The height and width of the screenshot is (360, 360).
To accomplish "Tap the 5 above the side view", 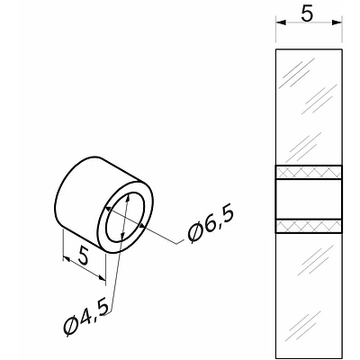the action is (307, 14).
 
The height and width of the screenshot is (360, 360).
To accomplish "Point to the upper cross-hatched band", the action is (309, 173).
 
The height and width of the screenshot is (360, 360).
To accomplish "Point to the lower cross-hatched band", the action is (309, 226).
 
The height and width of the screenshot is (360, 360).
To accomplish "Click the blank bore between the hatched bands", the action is (309, 199).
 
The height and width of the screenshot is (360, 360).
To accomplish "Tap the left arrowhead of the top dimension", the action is (281, 22).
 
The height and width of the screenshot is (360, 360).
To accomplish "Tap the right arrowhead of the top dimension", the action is (337, 22).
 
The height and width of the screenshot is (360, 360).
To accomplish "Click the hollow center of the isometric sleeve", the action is (126, 218).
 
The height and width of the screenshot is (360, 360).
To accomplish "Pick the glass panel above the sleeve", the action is (309, 107).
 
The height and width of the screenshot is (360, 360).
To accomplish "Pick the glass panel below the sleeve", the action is (309, 294).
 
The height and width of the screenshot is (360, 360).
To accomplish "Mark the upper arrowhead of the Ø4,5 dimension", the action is (128, 199).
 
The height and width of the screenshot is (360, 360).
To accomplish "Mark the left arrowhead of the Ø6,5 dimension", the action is (109, 209).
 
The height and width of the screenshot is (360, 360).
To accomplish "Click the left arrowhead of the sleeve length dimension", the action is (67, 259).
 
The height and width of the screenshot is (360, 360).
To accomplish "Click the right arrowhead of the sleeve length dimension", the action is (102, 278).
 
